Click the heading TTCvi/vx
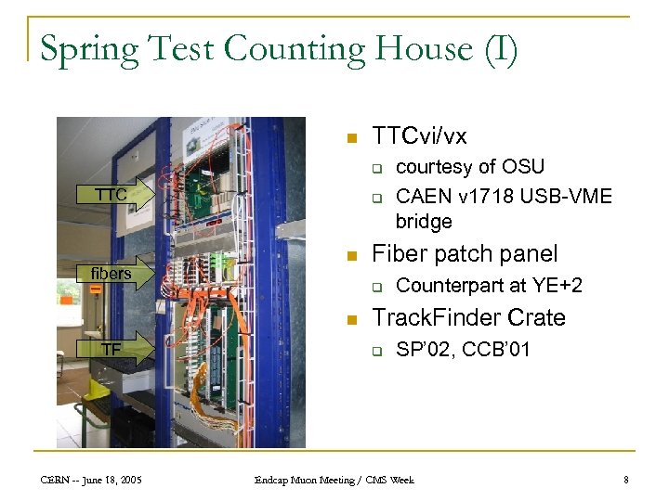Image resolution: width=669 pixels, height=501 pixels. tap(419, 136)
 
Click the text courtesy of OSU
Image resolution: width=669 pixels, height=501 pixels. tap(470, 167)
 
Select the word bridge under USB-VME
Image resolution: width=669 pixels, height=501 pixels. tap(424, 222)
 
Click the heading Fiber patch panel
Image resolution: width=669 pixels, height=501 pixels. tap(465, 254)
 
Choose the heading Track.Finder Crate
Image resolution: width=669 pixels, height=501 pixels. tap(468, 318)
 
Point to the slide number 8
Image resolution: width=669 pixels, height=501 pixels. tap(626, 480)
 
